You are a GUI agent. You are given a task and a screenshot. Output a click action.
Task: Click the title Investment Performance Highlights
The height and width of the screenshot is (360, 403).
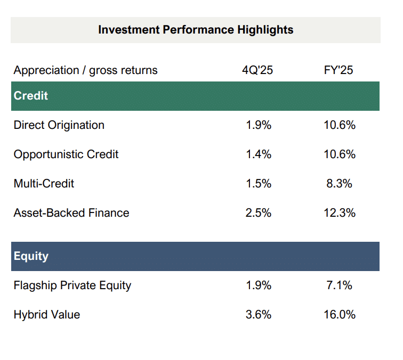pyautogui.click(x=196, y=29)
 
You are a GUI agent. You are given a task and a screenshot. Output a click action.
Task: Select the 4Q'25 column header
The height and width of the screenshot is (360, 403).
pyautogui.click(x=257, y=70)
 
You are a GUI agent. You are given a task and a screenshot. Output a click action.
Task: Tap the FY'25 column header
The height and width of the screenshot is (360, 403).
pyautogui.click(x=338, y=70)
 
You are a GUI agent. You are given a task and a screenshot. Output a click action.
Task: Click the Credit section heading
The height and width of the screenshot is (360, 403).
pyautogui.click(x=31, y=96)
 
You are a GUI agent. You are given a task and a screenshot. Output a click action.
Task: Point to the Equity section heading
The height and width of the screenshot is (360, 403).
pyautogui.click(x=31, y=256)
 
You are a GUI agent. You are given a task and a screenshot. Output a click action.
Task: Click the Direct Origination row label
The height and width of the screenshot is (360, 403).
pyautogui.click(x=59, y=125)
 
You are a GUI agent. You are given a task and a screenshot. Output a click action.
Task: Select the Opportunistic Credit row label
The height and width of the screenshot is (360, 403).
pyautogui.click(x=66, y=154)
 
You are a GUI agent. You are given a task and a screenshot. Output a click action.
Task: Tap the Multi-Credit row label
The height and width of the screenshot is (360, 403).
pyautogui.click(x=44, y=184)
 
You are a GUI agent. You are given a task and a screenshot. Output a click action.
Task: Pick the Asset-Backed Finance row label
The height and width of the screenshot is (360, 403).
pyautogui.click(x=71, y=213)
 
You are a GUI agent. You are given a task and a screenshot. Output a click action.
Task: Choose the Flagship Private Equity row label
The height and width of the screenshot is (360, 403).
pyautogui.click(x=72, y=285)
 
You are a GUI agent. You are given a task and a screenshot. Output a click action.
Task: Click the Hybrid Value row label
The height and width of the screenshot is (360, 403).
pyautogui.click(x=47, y=315)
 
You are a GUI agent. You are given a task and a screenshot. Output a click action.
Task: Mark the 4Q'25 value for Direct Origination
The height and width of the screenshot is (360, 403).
pyautogui.click(x=259, y=125)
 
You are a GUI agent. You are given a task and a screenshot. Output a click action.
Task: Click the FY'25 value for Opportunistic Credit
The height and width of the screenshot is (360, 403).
pyautogui.click(x=339, y=154)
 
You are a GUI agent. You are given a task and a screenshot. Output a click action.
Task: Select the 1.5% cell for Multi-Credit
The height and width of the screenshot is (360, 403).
pyautogui.click(x=259, y=184)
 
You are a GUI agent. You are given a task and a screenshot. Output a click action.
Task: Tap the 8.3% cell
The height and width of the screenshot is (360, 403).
pyautogui.click(x=339, y=184)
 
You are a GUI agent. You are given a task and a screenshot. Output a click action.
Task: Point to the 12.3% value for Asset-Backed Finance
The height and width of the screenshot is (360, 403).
pyautogui.click(x=339, y=213)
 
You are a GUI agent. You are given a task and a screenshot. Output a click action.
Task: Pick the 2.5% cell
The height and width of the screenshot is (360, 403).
pyautogui.click(x=259, y=213)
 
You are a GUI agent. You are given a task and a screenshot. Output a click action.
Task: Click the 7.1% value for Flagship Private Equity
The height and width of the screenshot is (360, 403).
pyautogui.click(x=339, y=285)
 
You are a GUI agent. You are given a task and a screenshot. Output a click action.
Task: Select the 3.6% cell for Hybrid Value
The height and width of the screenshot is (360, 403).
pyautogui.click(x=259, y=315)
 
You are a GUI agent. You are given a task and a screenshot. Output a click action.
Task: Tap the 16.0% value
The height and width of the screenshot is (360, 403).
pyautogui.click(x=339, y=315)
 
